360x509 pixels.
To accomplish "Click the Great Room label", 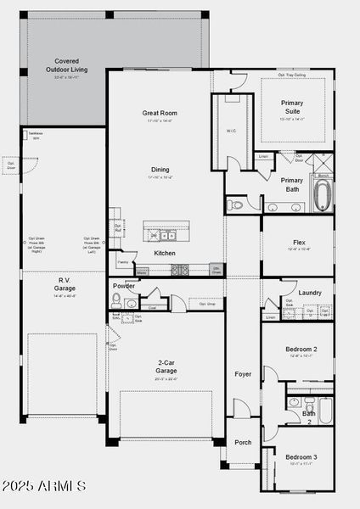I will (160, 113).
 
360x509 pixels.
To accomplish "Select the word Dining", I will (160, 170).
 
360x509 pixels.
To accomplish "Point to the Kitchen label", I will (165, 253).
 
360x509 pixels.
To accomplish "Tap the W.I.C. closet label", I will (232, 130).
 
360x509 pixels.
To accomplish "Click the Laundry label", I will (310, 293).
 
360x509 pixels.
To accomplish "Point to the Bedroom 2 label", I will (301, 350).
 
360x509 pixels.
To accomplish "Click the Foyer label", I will (243, 373).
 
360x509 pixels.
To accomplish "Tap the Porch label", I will (243, 442).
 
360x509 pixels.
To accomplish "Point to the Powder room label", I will (124, 286).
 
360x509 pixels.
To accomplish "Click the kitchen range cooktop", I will (180, 270).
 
